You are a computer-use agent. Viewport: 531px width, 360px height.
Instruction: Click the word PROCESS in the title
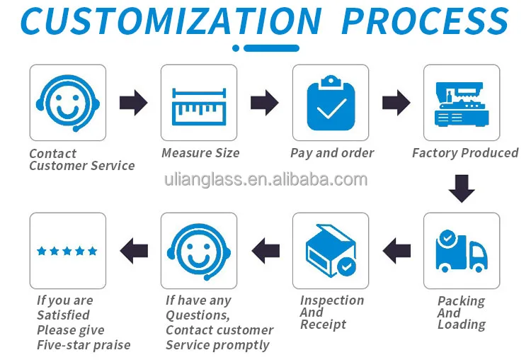425,21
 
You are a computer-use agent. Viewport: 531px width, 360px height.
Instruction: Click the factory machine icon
462,103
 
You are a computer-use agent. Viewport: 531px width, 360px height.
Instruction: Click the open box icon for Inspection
331,250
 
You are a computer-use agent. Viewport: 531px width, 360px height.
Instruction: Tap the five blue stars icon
67,250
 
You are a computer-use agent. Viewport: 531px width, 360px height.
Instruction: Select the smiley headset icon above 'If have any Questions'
199,250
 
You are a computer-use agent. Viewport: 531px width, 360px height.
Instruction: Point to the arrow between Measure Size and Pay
265,103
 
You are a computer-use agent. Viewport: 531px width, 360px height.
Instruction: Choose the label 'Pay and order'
332,153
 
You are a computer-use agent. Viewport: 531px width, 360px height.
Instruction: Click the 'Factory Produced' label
465,153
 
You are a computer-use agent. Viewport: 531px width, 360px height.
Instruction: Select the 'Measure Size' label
200,153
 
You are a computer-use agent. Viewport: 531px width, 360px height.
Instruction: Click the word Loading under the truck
462,325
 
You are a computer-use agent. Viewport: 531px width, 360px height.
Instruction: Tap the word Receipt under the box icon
323,325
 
